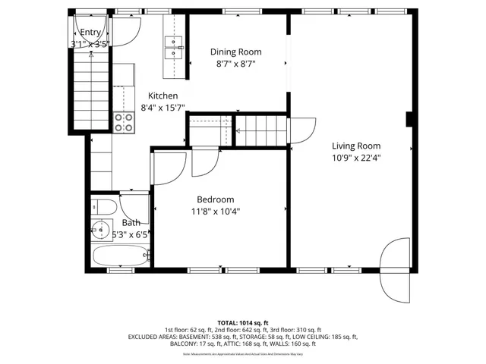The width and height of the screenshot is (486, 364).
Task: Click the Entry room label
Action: [90, 33]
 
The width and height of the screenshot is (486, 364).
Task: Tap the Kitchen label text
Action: [163, 96]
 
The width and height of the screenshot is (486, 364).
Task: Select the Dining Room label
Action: [235, 52]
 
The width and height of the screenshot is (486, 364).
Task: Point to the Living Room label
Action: [355, 146]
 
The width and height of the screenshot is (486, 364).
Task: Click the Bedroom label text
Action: [215, 199]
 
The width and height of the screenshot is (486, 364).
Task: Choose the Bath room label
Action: [131, 223]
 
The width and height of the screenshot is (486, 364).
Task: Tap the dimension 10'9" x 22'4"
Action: [355, 158]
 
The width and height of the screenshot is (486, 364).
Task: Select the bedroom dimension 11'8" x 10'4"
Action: [216, 212]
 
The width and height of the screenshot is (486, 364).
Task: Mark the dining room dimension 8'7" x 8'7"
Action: [235, 64]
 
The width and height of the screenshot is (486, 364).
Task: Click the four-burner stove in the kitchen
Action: [123, 121]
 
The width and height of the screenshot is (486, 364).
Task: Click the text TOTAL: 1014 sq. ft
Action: [242, 322]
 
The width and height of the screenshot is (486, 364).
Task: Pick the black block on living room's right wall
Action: [409, 119]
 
